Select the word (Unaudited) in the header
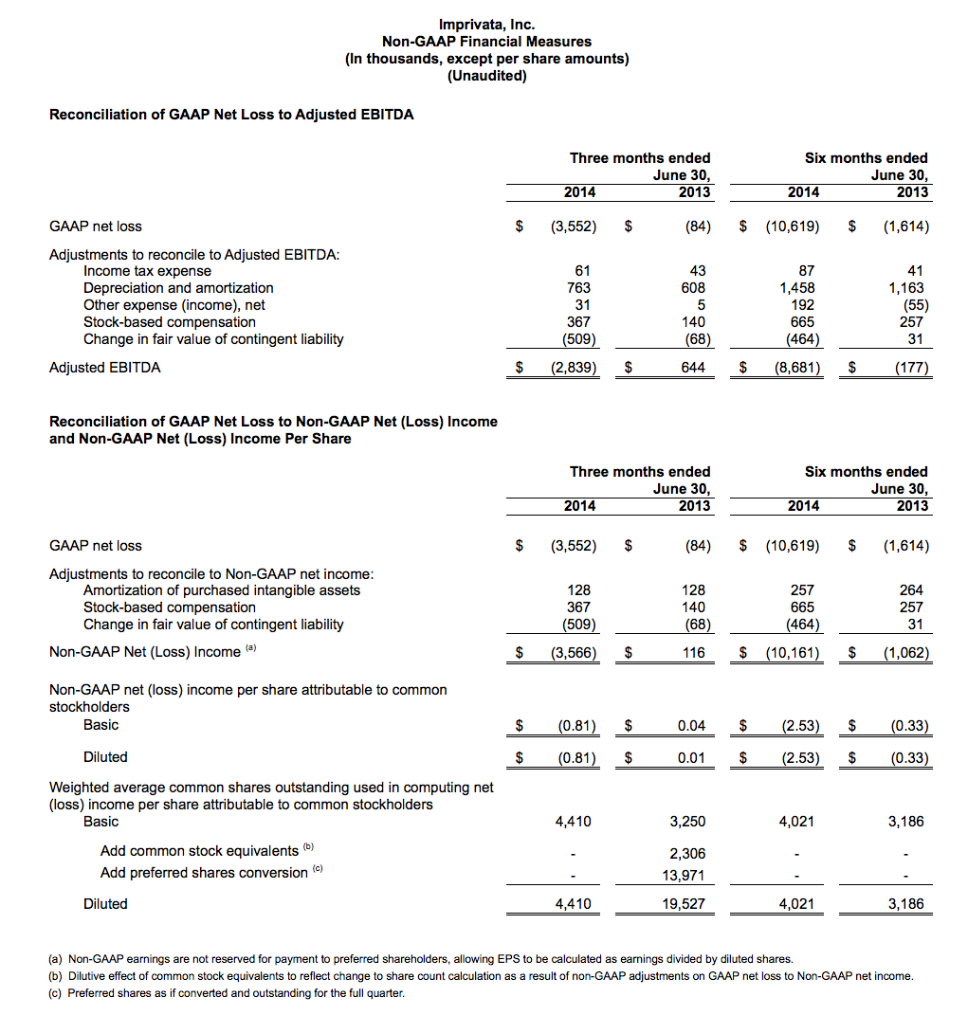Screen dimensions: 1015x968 (x=486, y=76)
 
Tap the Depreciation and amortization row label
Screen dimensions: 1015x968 (x=178, y=288)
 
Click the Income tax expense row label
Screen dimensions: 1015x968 (x=147, y=271)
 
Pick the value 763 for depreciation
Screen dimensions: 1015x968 (x=578, y=288)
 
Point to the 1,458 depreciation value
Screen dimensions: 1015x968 (x=796, y=288)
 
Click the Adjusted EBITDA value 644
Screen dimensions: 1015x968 (x=693, y=368)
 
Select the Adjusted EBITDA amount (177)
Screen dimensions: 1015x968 (x=911, y=368)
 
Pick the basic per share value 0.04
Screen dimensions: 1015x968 (x=692, y=726)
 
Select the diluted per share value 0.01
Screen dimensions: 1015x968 (x=692, y=758)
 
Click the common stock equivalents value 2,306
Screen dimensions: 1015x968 (x=686, y=854)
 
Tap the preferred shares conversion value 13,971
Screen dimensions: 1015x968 (x=683, y=875)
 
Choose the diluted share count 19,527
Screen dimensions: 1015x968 (x=683, y=904)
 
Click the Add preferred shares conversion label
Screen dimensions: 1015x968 (x=204, y=873)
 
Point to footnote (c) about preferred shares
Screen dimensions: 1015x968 (x=227, y=993)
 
